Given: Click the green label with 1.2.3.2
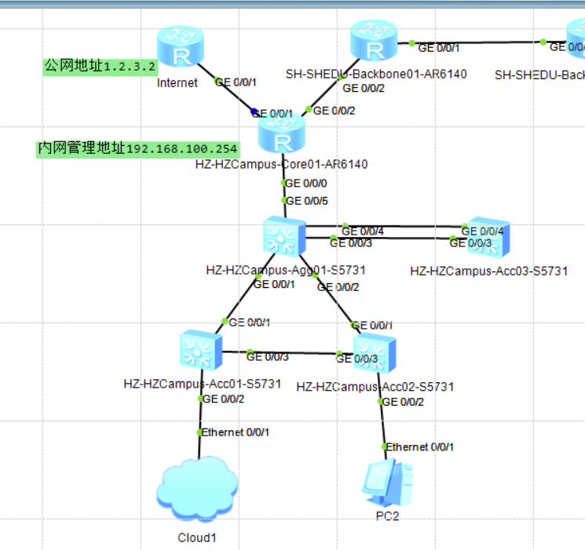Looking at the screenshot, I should pyautogui.click(x=100, y=66).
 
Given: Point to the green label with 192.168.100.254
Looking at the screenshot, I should pyautogui.click(x=137, y=148).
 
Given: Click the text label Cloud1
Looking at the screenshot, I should pyautogui.click(x=196, y=538).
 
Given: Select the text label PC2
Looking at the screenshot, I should pyautogui.click(x=387, y=516).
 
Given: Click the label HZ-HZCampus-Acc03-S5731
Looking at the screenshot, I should pyautogui.click(x=488, y=271).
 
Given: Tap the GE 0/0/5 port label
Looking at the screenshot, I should pyautogui.click(x=306, y=201).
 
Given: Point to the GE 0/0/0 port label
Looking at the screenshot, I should pyautogui.click(x=305, y=183).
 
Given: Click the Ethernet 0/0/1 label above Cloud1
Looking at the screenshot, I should pyautogui.click(x=236, y=432).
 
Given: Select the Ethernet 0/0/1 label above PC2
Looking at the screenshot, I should pyautogui.click(x=419, y=447).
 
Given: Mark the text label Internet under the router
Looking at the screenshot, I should pyautogui.click(x=177, y=82).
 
